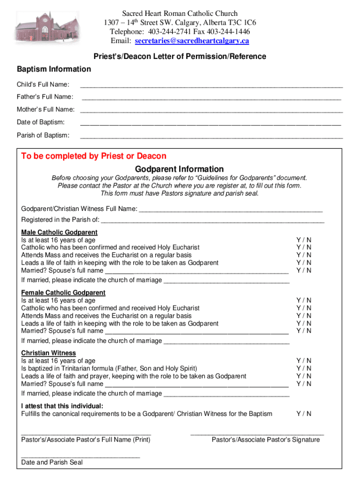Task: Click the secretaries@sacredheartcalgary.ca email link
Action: [x=192, y=41]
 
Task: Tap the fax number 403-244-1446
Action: [x=228, y=32]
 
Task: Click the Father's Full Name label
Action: [x=45, y=97]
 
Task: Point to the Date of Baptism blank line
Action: [x=210, y=124]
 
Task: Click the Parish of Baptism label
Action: [x=43, y=135]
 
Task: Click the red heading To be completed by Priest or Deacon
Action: [x=94, y=156]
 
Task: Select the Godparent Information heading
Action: [x=179, y=169]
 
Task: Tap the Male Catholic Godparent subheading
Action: [x=59, y=232]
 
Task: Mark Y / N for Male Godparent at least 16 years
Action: [x=304, y=240]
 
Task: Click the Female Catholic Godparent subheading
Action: [x=63, y=293]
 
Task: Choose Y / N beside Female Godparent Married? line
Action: [x=304, y=331]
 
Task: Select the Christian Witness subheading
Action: [x=48, y=353]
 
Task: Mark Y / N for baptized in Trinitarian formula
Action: [x=304, y=369]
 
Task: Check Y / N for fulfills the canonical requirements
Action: [x=304, y=414]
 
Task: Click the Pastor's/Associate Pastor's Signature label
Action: [x=266, y=440]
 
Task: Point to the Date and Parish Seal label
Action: [x=52, y=462]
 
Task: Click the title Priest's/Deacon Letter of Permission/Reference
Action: [x=180, y=57]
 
